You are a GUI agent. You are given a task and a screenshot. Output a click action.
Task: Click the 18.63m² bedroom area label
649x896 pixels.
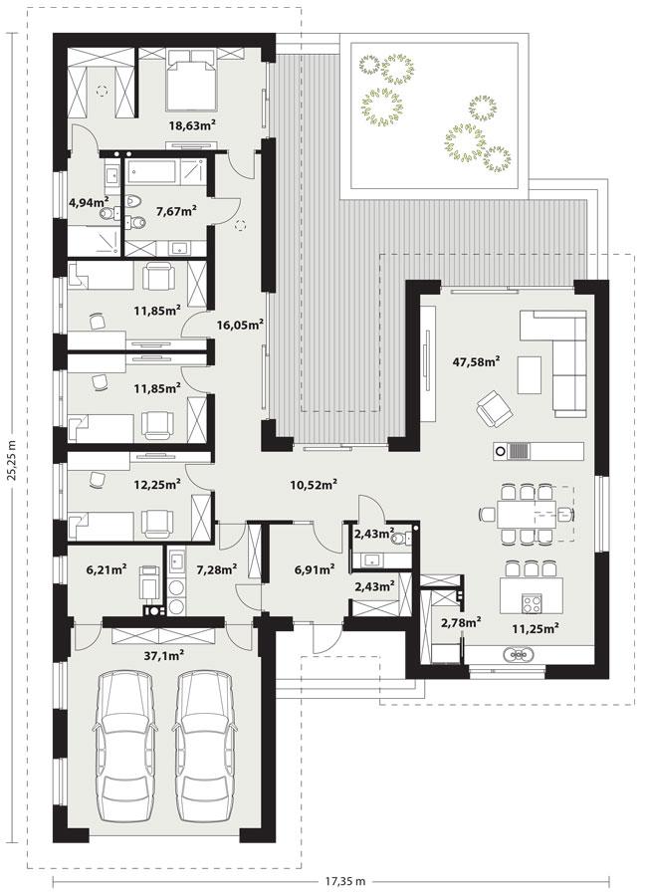pos(193,125)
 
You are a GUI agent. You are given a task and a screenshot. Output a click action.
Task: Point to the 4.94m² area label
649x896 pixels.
pos(88,202)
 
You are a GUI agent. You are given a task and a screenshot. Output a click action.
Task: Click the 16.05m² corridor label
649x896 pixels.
pos(240,324)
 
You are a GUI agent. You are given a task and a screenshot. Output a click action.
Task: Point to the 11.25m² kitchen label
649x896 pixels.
pos(535,628)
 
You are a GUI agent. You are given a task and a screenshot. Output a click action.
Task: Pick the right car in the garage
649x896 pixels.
pos(205,743)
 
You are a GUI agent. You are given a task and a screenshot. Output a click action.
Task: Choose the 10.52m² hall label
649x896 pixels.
pos(314,485)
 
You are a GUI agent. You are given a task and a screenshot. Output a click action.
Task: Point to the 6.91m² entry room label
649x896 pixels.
pos(314,569)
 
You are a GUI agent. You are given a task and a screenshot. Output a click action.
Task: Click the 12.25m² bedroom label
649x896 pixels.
pos(156,484)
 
